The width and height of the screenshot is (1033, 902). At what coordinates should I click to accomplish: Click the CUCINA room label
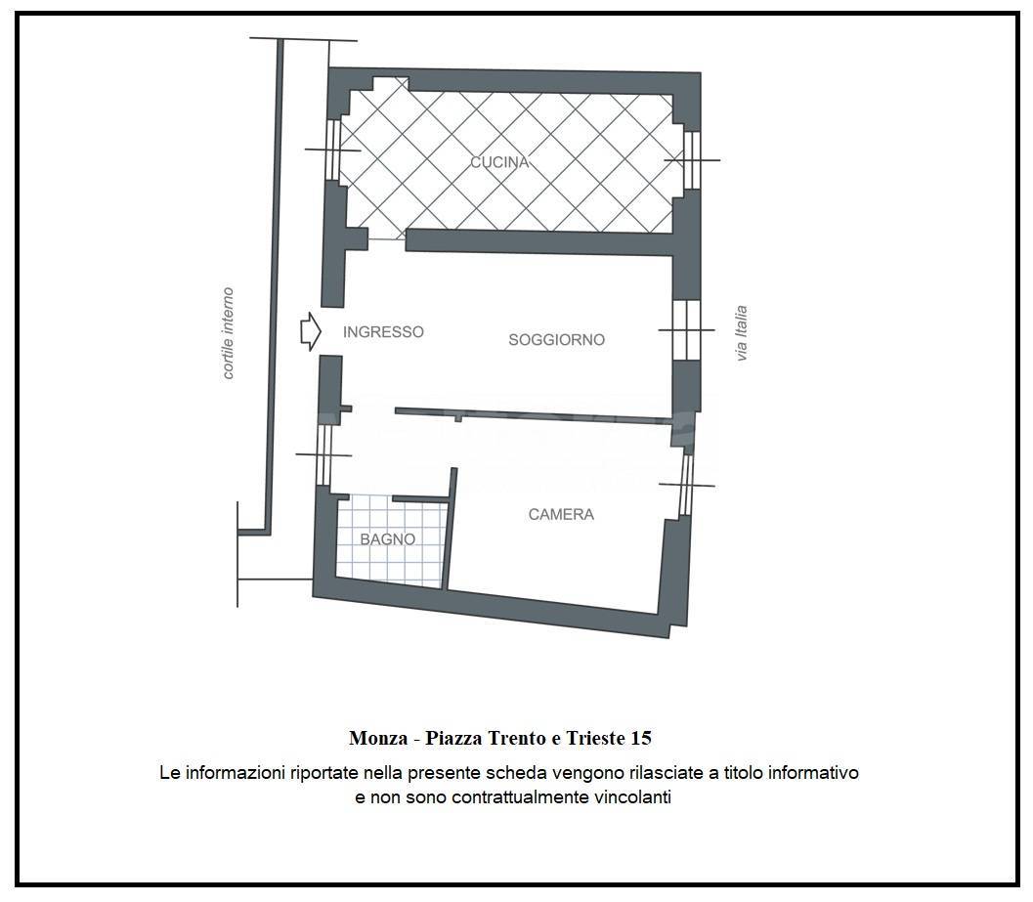[x=499, y=162]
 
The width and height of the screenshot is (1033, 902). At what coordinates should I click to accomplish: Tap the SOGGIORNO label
[x=557, y=340]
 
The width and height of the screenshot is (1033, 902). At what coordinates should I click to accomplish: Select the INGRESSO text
[x=383, y=332]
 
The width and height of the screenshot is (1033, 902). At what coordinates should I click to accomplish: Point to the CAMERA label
[x=561, y=515]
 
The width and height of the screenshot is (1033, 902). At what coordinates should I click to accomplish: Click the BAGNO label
[x=387, y=539]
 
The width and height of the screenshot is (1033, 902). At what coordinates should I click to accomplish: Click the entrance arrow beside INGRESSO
[x=311, y=332]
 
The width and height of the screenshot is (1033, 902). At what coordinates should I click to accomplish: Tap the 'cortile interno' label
[x=228, y=333]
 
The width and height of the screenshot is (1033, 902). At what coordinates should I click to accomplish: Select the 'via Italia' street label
[x=742, y=332]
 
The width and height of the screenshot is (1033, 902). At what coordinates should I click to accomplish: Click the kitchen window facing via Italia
[x=691, y=160]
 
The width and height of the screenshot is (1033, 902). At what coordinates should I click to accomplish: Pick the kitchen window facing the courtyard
[x=333, y=150]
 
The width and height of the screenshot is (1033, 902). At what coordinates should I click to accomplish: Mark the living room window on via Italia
[x=686, y=330]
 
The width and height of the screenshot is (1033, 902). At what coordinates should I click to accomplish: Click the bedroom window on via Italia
[x=686, y=486]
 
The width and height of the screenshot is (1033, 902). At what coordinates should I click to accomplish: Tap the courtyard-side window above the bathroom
[x=323, y=454]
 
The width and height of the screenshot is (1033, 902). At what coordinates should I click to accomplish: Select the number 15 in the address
[x=641, y=738]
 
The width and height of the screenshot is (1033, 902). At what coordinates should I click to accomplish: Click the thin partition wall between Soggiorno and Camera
[x=534, y=415]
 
